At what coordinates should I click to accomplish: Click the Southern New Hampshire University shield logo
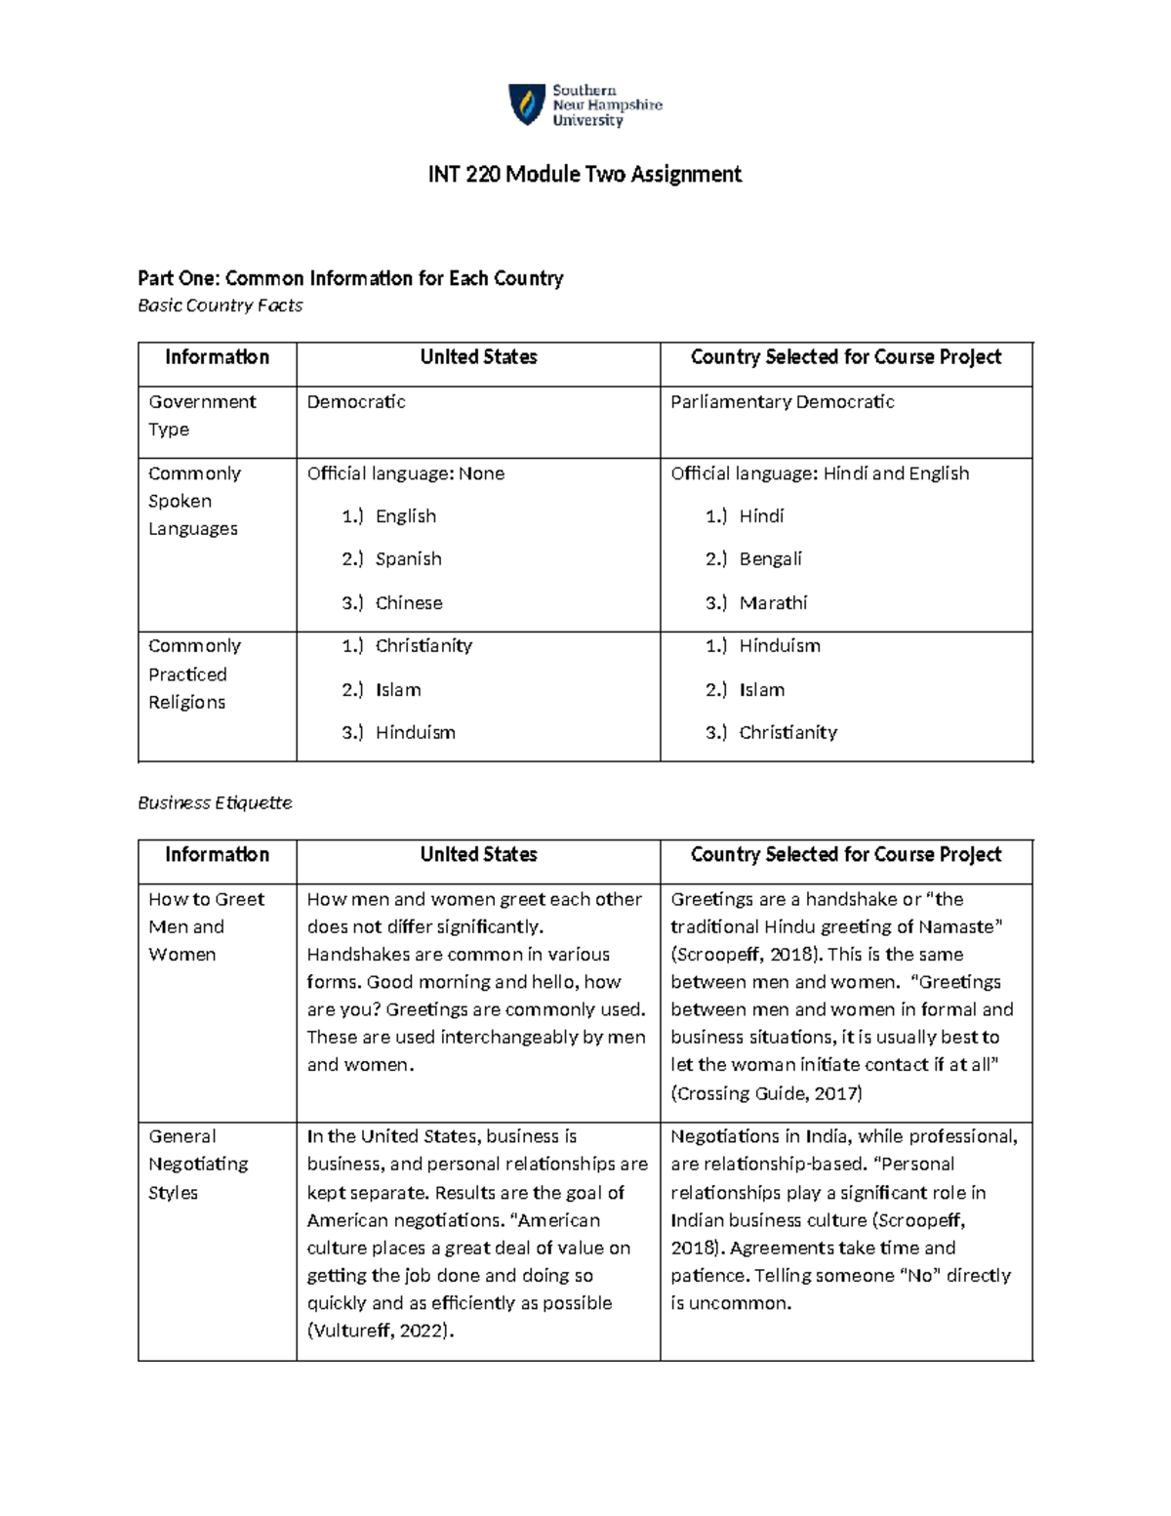(527, 104)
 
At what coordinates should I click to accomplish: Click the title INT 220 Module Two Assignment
(585, 175)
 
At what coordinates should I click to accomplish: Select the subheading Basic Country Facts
(220, 306)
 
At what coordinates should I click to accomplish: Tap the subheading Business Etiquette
(215, 802)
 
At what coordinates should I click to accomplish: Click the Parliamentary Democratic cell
(782, 402)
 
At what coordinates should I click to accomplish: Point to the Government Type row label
(202, 415)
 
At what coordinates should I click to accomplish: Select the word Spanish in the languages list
(408, 559)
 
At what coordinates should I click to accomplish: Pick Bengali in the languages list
(770, 559)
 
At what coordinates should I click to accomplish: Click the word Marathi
(773, 603)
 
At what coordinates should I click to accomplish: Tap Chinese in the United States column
(409, 603)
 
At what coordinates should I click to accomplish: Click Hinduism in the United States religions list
(415, 732)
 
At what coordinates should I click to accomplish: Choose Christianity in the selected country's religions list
(787, 732)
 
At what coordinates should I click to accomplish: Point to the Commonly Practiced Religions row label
(194, 674)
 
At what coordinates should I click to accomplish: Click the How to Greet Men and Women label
(206, 926)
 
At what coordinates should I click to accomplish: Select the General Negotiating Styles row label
(198, 1164)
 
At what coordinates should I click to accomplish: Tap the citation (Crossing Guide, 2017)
(766, 1093)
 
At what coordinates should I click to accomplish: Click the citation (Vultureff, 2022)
(381, 1331)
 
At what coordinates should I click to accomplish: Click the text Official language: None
(405, 473)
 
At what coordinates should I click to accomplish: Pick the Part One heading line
(350, 278)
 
